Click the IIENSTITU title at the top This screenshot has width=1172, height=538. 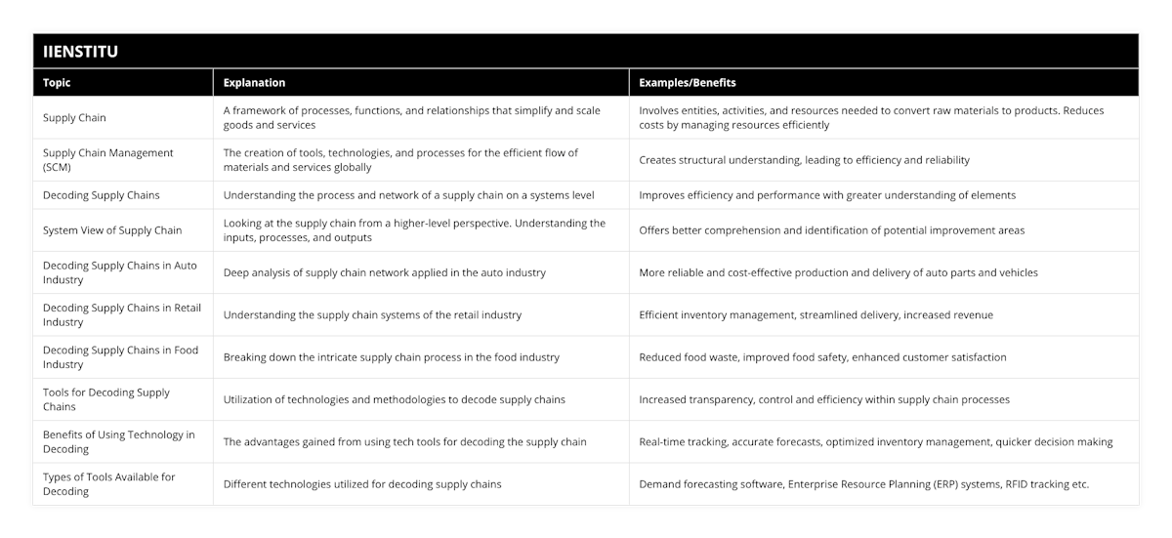[x=81, y=52]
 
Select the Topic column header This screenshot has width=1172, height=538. [x=57, y=83]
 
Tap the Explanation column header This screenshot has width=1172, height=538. [x=255, y=83]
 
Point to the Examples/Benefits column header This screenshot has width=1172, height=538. [x=688, y=83]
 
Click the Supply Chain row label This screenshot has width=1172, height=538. [x=74, y=117]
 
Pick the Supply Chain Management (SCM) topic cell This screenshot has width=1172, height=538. [x=107, y=159]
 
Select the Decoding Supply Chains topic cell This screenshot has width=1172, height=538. [x=102, y=194]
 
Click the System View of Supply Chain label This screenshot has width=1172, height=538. [x=112, y=230]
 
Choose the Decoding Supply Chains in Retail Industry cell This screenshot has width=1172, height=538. [x=121, y=314]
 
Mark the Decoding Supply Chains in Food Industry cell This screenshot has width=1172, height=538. [x=120, y=356]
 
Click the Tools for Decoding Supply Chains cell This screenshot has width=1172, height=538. [x=106, y=399]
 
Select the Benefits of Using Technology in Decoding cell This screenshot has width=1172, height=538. [x=118, y=441]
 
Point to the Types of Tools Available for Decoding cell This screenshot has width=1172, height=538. [x=108, y=483]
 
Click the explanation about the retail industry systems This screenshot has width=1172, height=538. [x=372, y=314]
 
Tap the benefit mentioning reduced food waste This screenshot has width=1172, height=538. [x=822, y=357]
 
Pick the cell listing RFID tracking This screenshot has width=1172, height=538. [x=863, y=484]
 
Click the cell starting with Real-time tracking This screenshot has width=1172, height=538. [x=875, y=441]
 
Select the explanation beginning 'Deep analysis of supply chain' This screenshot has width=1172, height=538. [x=384, y=272]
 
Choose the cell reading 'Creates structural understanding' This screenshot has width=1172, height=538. [x=804, y=159]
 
